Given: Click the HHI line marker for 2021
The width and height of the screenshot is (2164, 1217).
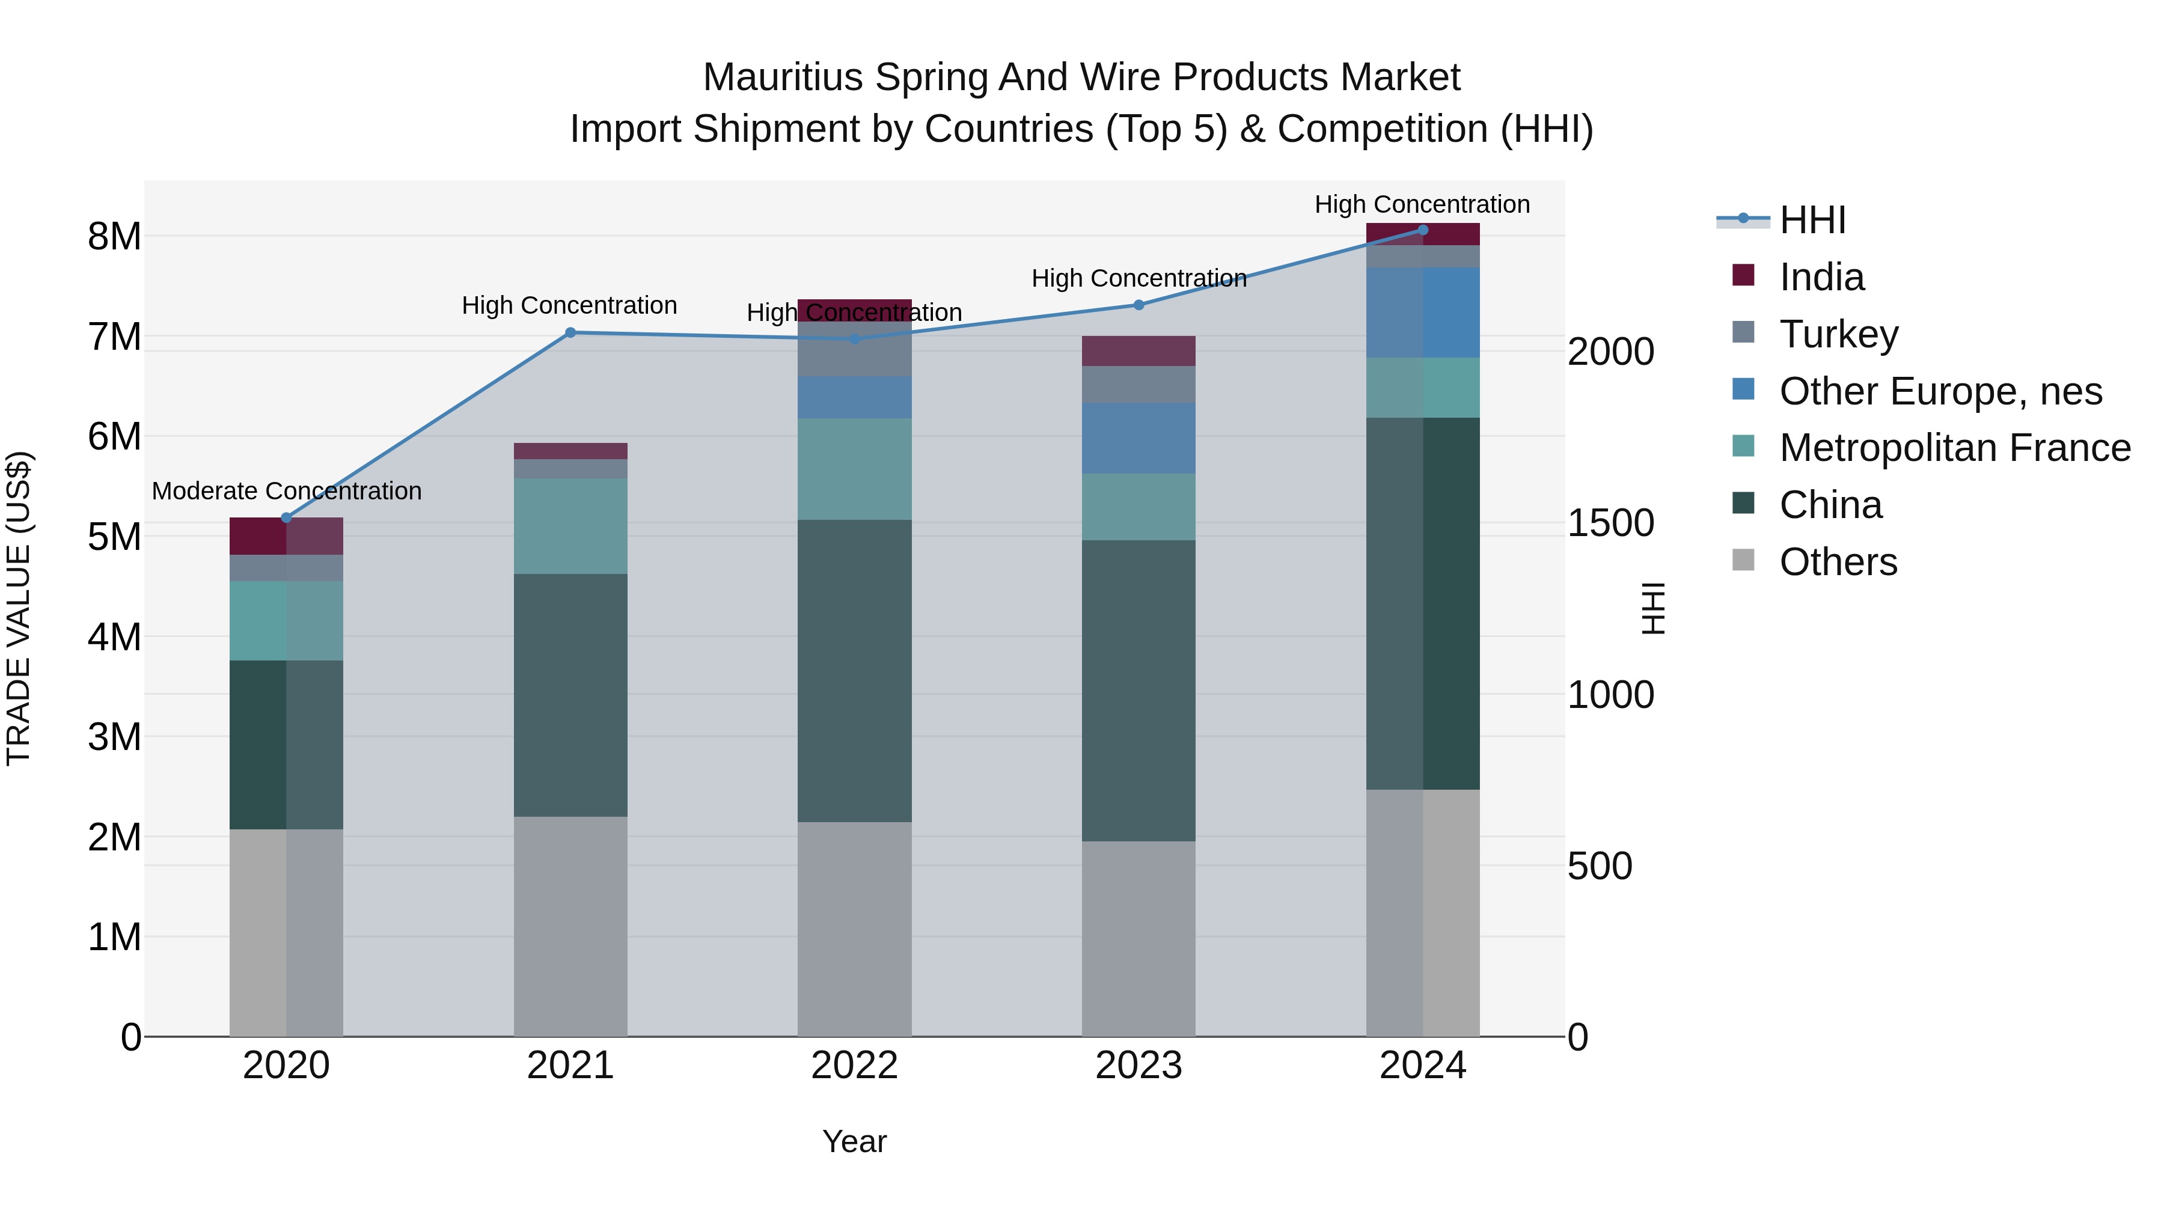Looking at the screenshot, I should point(570,332).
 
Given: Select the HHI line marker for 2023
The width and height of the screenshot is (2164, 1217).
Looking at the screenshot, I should point(1139,305).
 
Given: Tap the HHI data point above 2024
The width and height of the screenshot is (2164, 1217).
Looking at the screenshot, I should point(1423,230).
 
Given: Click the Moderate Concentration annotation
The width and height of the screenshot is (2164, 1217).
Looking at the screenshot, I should point(287,492).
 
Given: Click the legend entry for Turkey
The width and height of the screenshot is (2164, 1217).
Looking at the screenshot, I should point(1838,334).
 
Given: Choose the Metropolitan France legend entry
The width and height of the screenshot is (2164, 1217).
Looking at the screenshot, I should point(1954,448).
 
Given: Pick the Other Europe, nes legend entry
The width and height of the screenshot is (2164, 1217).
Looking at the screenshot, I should point(1940,391).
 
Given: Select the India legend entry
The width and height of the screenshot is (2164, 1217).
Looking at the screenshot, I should point(1821,277).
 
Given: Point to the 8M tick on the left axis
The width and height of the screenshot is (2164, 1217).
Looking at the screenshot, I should point(114,237).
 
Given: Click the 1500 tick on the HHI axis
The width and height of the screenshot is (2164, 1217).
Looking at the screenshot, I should point(1610,523).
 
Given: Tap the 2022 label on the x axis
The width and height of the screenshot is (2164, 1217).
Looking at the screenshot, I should point(854,1066).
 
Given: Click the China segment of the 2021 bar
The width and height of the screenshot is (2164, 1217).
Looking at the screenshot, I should point(570,695).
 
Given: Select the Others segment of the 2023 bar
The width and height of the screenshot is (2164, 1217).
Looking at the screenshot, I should point(1139,938).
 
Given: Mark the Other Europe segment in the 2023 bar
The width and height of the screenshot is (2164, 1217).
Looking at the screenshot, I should point(1139,439).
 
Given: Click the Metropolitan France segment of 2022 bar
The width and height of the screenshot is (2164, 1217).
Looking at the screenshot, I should point(854,469).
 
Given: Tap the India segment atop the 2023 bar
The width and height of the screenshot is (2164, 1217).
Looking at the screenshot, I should point(1139,351).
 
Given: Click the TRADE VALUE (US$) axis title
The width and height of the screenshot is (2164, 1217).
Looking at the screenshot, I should point(19,608).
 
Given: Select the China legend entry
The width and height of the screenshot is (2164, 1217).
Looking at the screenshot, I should point(1830,505).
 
